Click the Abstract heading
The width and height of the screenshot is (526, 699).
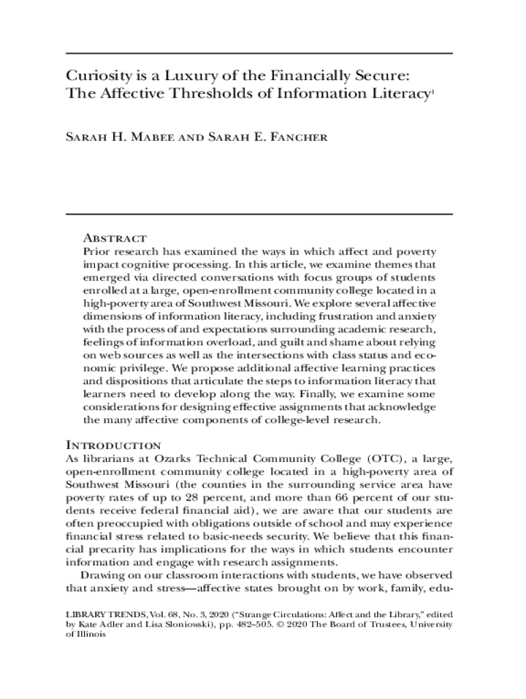point(114,238)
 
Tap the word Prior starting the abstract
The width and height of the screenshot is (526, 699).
point(96,252)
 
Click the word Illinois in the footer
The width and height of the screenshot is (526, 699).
point(92,634)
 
